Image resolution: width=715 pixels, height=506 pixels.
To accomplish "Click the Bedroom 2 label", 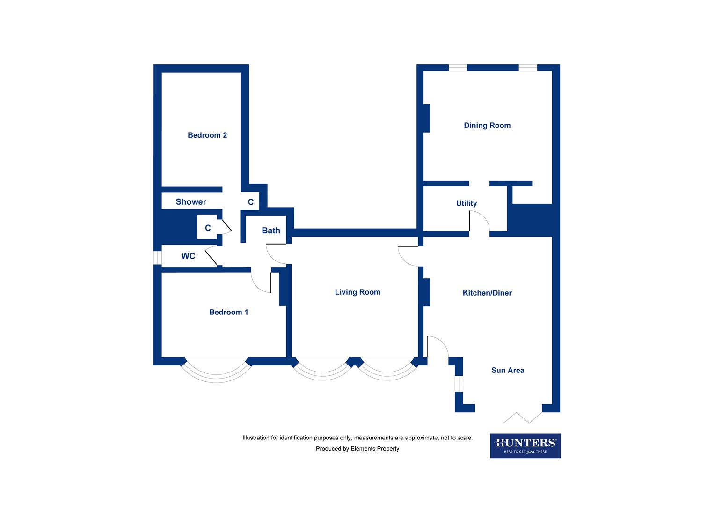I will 207,135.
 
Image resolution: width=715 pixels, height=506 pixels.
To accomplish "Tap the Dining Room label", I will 487,126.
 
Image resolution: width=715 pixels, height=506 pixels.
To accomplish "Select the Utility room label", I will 467,203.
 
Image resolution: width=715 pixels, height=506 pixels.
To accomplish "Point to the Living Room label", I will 357,292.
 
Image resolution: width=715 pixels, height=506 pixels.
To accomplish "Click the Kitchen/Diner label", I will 487,293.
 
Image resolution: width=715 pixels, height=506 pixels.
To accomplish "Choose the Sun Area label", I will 508,371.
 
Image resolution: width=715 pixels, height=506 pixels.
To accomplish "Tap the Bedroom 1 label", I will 229,313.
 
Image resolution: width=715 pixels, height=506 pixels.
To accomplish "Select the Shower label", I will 191,202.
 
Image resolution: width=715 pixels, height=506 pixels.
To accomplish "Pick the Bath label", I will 271,231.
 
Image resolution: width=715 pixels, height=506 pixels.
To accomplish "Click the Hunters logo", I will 525,446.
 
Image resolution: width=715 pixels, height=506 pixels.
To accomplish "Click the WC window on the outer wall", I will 158,258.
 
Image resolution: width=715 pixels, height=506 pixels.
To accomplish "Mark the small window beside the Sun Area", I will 459,383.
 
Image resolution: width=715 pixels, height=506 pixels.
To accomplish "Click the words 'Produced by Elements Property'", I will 357,449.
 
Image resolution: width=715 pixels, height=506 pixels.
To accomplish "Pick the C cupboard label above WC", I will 208,228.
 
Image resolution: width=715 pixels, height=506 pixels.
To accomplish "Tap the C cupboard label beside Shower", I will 251,202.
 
